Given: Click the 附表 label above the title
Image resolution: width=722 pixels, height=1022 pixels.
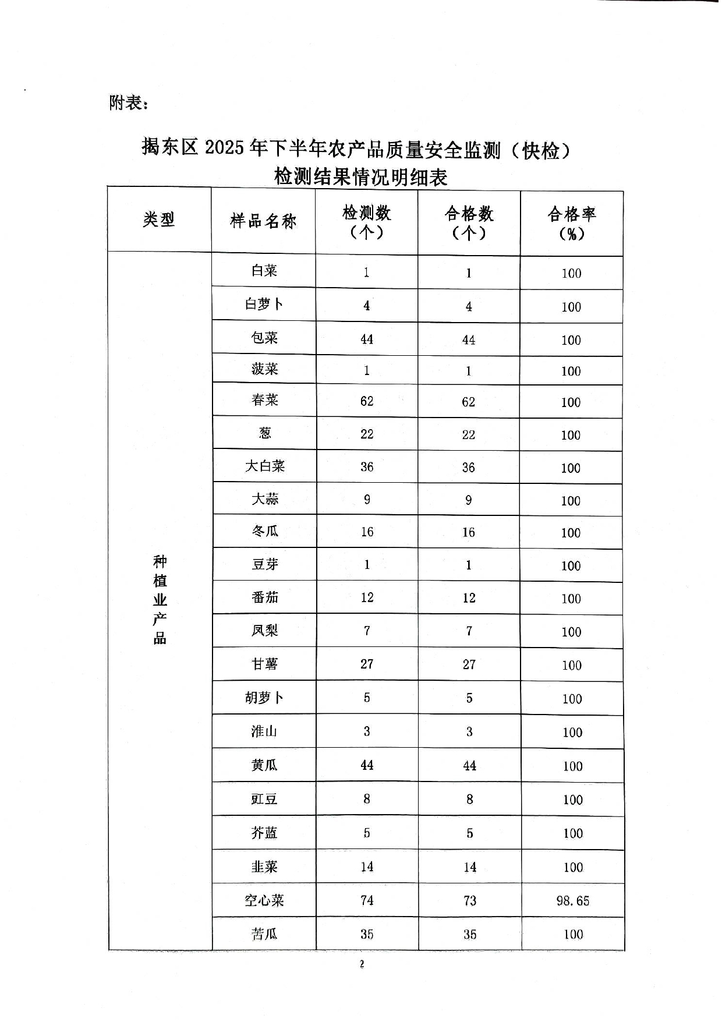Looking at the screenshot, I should point(128,103).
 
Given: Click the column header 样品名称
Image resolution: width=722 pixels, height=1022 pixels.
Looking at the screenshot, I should point(263,221).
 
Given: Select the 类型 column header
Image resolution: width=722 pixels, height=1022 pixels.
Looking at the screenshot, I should point(159,220).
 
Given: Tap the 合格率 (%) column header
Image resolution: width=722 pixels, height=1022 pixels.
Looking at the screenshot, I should point(571,224).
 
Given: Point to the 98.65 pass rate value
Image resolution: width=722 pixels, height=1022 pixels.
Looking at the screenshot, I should point(572,901).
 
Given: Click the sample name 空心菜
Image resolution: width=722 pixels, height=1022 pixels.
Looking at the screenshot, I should point(264,900).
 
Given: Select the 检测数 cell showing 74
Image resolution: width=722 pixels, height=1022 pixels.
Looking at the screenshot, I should point(367,900).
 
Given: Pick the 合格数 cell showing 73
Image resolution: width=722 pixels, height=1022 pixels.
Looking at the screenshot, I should point(469,901).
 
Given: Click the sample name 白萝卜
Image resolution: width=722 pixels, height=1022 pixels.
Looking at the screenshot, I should point(264,304).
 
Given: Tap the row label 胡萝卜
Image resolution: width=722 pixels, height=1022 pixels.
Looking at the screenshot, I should point(264,698).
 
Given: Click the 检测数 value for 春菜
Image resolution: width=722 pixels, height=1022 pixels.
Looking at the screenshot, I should point(367,401).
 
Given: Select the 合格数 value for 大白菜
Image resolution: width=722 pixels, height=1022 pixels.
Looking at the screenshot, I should point(469,468).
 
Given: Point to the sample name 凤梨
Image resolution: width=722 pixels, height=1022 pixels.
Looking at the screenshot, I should point(264,631).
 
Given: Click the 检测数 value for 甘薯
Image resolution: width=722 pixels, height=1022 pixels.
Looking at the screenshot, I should point(367,664).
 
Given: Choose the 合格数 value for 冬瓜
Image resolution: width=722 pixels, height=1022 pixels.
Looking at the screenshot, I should point(469,532).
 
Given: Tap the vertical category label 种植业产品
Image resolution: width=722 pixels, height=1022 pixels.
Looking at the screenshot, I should point(160,600).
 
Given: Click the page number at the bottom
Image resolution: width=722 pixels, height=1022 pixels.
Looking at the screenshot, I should point(362,964).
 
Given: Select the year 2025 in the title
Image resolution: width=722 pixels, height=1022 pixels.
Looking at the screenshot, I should point(224,149).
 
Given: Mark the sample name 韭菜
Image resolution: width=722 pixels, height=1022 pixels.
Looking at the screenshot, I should point(264,867).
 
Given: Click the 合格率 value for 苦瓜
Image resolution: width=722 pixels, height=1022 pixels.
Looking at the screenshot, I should point(573,935).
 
